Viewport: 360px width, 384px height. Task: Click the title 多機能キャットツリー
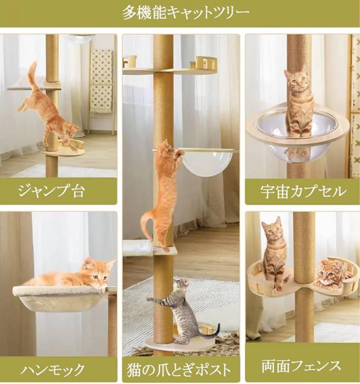tap(186, 14)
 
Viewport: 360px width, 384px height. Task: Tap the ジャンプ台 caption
tap(51, 191)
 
